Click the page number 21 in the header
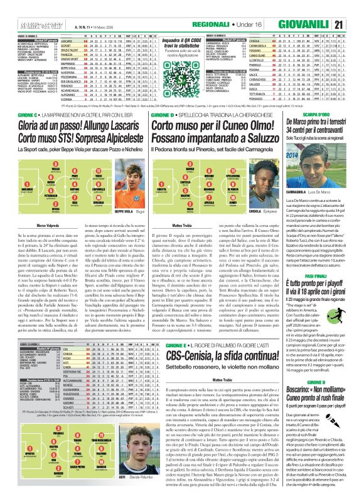355,8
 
